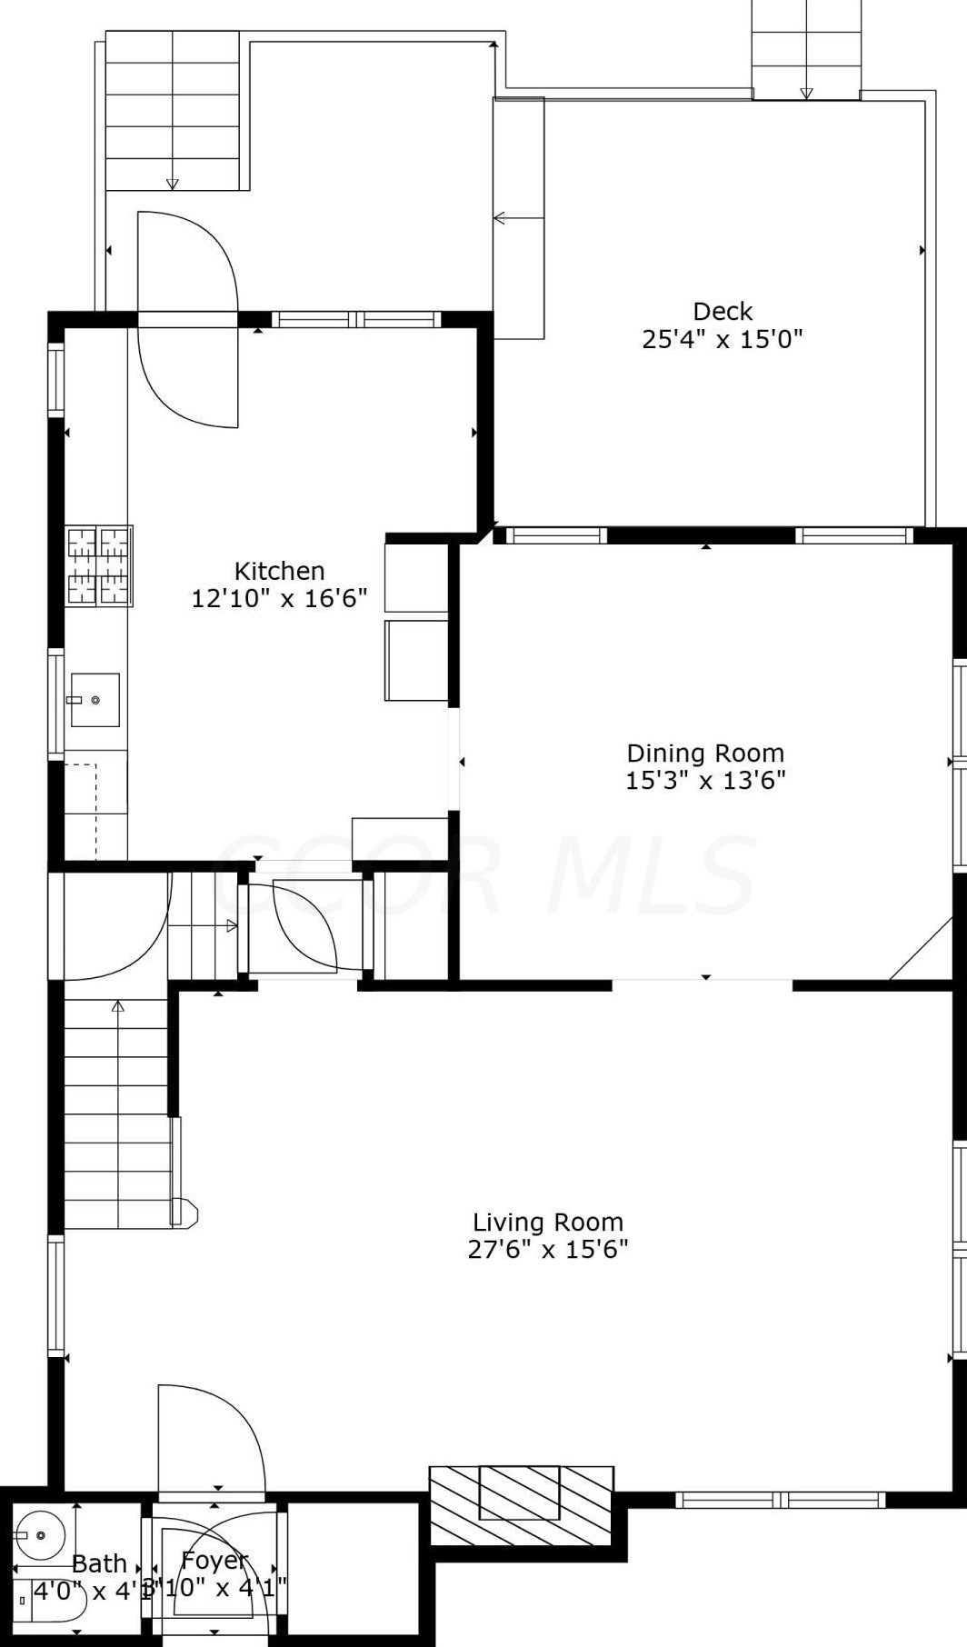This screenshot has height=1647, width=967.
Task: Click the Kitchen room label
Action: [x=279, y=571]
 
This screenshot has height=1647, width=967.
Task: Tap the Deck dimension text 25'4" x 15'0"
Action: [x=723, y=340]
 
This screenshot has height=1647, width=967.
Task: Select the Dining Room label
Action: [x=705, y=753]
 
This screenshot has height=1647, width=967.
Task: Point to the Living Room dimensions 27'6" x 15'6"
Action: [x=548, y=1249]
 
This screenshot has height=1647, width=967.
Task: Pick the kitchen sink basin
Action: [x=95, y=699]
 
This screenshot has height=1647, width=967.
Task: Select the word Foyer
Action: [x=214, y=1561]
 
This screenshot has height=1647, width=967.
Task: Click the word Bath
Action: [x=99, y=1563]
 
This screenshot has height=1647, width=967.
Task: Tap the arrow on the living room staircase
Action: [x=118, y=1006]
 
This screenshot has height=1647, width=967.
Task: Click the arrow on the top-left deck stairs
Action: [x=173, y=185]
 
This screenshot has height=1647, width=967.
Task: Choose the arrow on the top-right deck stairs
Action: [x=806, y=93]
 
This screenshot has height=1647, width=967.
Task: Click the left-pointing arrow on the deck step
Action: [x=499, y=218]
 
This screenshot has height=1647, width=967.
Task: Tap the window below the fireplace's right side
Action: [x=780, y=1499]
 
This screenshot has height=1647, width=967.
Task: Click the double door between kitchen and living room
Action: [x=305, y=925]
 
